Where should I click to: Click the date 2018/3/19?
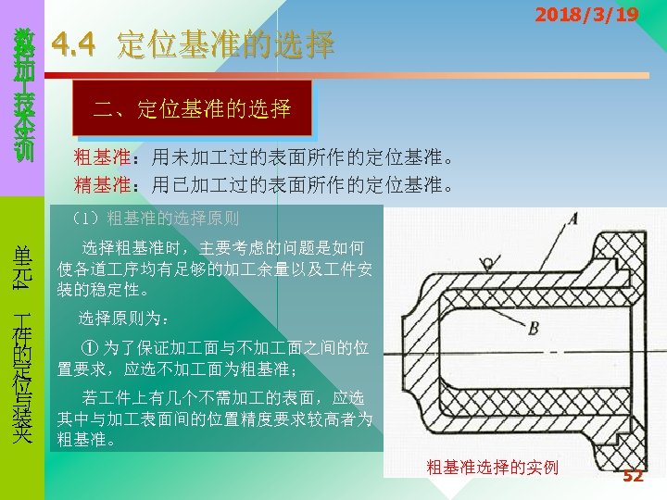(x=586, y=15)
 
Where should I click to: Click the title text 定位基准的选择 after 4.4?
(x=225, y=44)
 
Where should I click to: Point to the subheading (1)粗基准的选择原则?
(x=155, y=219)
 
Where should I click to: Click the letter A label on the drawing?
(x=573, y=219)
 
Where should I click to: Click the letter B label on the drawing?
(x=534, y=328)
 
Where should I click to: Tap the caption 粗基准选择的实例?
(x=492, y=467)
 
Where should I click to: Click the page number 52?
(x=633, y=476)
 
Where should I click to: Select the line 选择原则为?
(x=123, y=319)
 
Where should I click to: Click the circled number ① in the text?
(x=89, y=349)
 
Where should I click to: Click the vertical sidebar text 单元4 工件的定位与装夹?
(x=22, y=343)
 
